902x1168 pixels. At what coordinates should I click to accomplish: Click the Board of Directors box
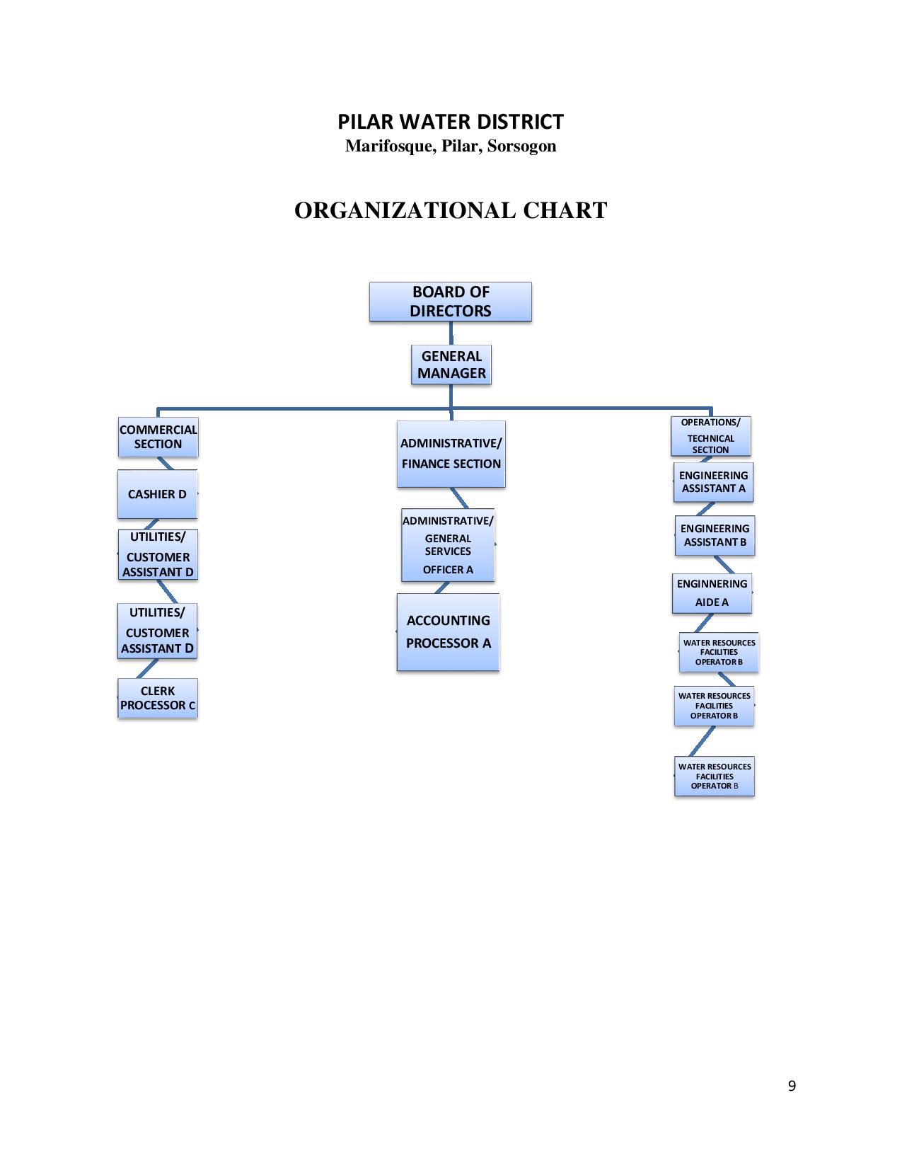tap(450, 302)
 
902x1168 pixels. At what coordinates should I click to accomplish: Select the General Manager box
tap(451, 365)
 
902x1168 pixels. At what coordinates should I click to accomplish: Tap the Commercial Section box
tap(158, 437)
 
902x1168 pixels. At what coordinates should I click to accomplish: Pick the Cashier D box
tap(157, 494)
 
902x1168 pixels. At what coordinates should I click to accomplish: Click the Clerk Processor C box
tap(157, 698)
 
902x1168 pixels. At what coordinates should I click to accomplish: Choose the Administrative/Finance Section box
tap(451, 454)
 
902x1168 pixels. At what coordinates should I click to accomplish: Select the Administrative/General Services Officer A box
tap(448, 545)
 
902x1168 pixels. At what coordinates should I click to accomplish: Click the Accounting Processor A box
tap(448, 632)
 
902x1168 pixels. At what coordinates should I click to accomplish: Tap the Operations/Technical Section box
tap(711, 436)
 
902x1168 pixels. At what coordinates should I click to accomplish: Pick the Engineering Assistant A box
tap(713, 482)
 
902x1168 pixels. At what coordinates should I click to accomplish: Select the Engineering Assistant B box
tap(715, 535)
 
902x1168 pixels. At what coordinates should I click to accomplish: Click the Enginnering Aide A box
tap(712, 593)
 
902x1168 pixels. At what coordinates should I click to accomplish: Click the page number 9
tap(792, 1086)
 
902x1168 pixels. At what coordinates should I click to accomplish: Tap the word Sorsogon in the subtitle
tap(521, 147)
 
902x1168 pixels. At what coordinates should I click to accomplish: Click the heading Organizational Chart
tap(451, 210)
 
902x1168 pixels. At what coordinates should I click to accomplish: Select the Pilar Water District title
tap(451, 122)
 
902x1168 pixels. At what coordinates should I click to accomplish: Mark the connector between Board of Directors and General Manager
tap(451, 333)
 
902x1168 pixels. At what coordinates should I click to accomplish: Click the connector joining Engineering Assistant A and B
tap(706, 509)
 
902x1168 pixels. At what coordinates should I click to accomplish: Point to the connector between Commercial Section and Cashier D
tap(165, 464)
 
